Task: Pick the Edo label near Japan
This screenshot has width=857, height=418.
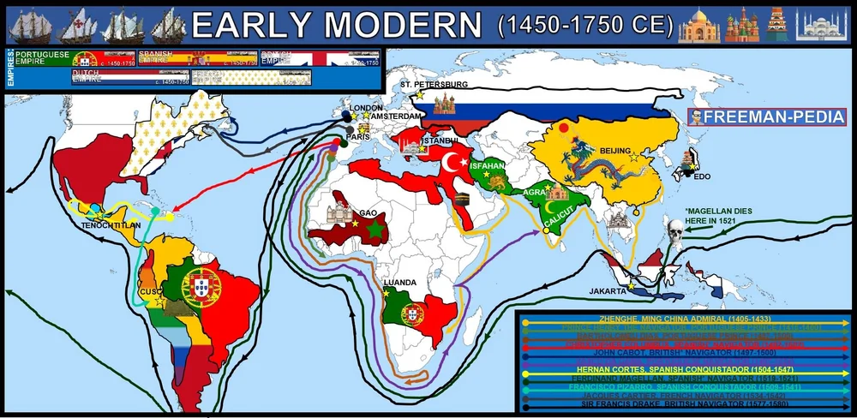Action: (701, 176)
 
